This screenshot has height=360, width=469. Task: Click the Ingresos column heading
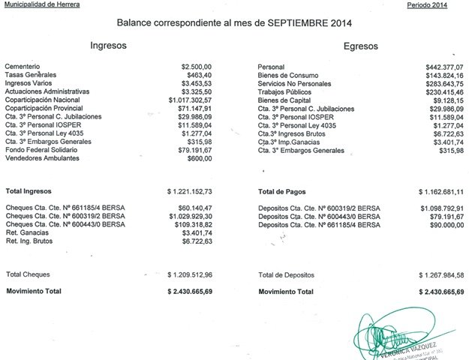coord(108,45)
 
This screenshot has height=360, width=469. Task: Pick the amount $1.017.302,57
coord(191,99)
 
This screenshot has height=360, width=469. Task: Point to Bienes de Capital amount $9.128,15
coord(447,99)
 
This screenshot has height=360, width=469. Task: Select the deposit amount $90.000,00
coord(446,224)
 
